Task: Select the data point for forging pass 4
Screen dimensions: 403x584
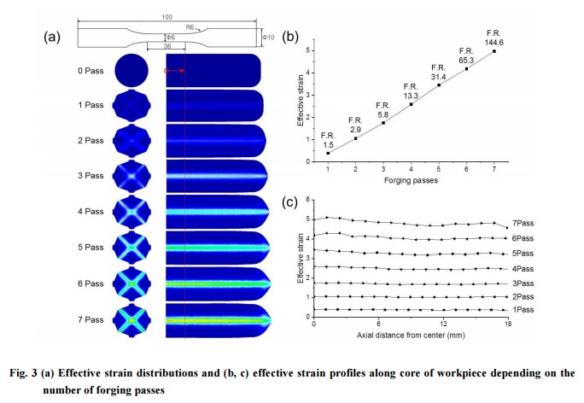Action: [x=411, y=104]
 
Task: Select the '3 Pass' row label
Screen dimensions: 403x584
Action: [x=89, y=176]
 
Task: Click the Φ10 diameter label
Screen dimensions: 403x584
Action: [x=268, y=36]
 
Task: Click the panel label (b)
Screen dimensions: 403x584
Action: [x=291, y=38]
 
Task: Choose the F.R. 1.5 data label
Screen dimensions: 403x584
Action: [x=328, y=140]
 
